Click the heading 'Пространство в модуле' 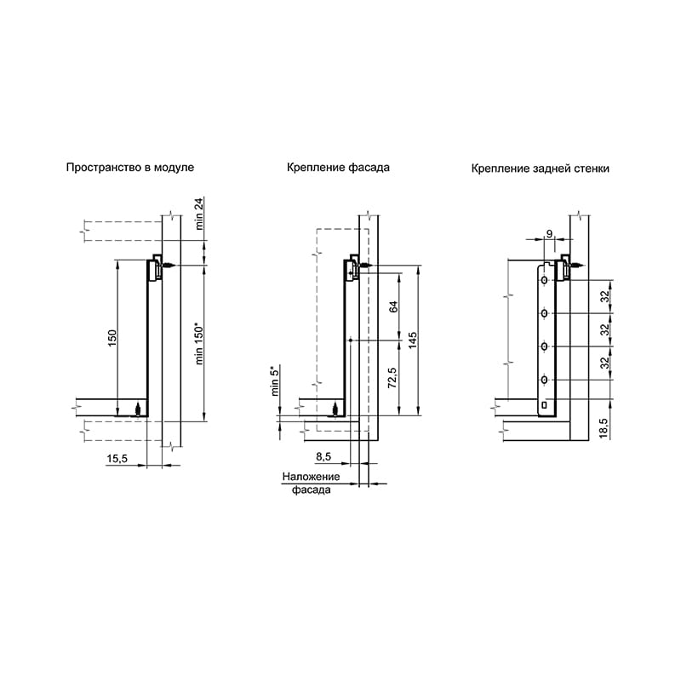(130, 168)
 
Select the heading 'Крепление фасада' (338, 168)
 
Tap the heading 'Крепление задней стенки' (541, 169)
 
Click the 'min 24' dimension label (199, 214)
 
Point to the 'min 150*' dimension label (199, 344)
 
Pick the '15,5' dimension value (117, 458)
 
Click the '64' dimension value (393, 306)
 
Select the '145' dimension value (413, 340)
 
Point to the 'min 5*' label (275, 381)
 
